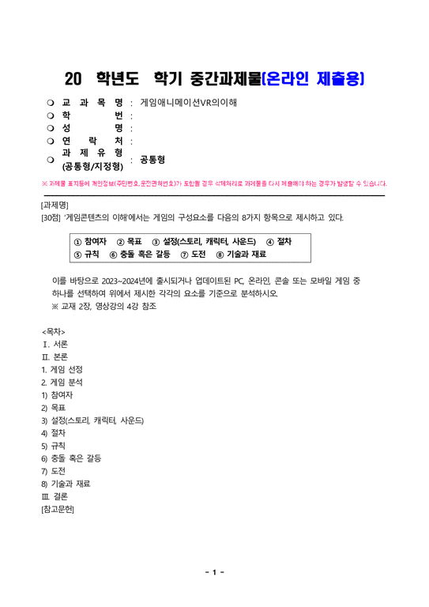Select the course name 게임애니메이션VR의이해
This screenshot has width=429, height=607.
tap(188, 103)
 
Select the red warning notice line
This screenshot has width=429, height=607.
tap(213, 183)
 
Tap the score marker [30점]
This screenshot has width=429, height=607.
tap(55, 217)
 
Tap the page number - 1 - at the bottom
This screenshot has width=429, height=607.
tap(214, 572)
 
